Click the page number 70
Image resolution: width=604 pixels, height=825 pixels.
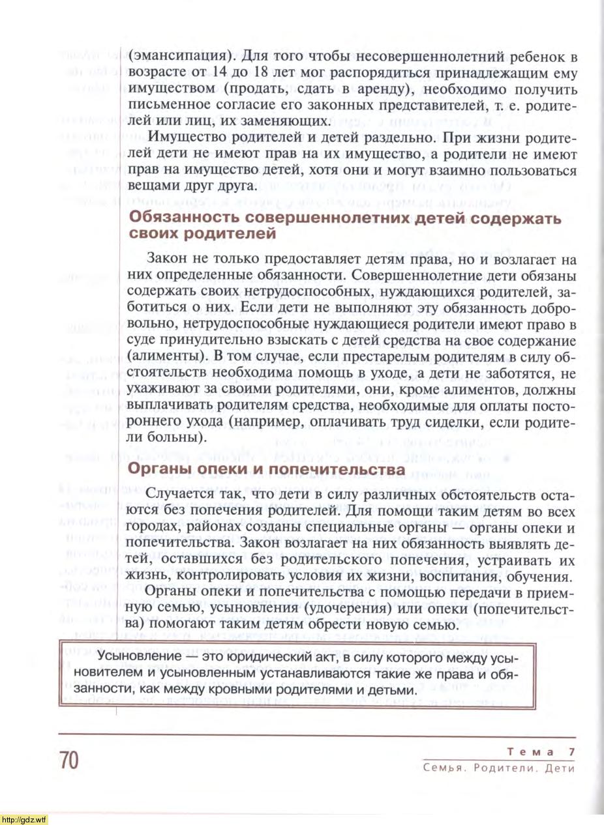pyautogui.click(x=68, y=760)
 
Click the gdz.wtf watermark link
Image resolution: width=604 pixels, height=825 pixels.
pyautogui.click(x=24, y=819)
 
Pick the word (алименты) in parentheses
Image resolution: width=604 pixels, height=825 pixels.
pyautogui.click(x=166, y=356)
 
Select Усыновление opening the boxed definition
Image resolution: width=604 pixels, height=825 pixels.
pyautogui.click(x=124, y=656)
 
